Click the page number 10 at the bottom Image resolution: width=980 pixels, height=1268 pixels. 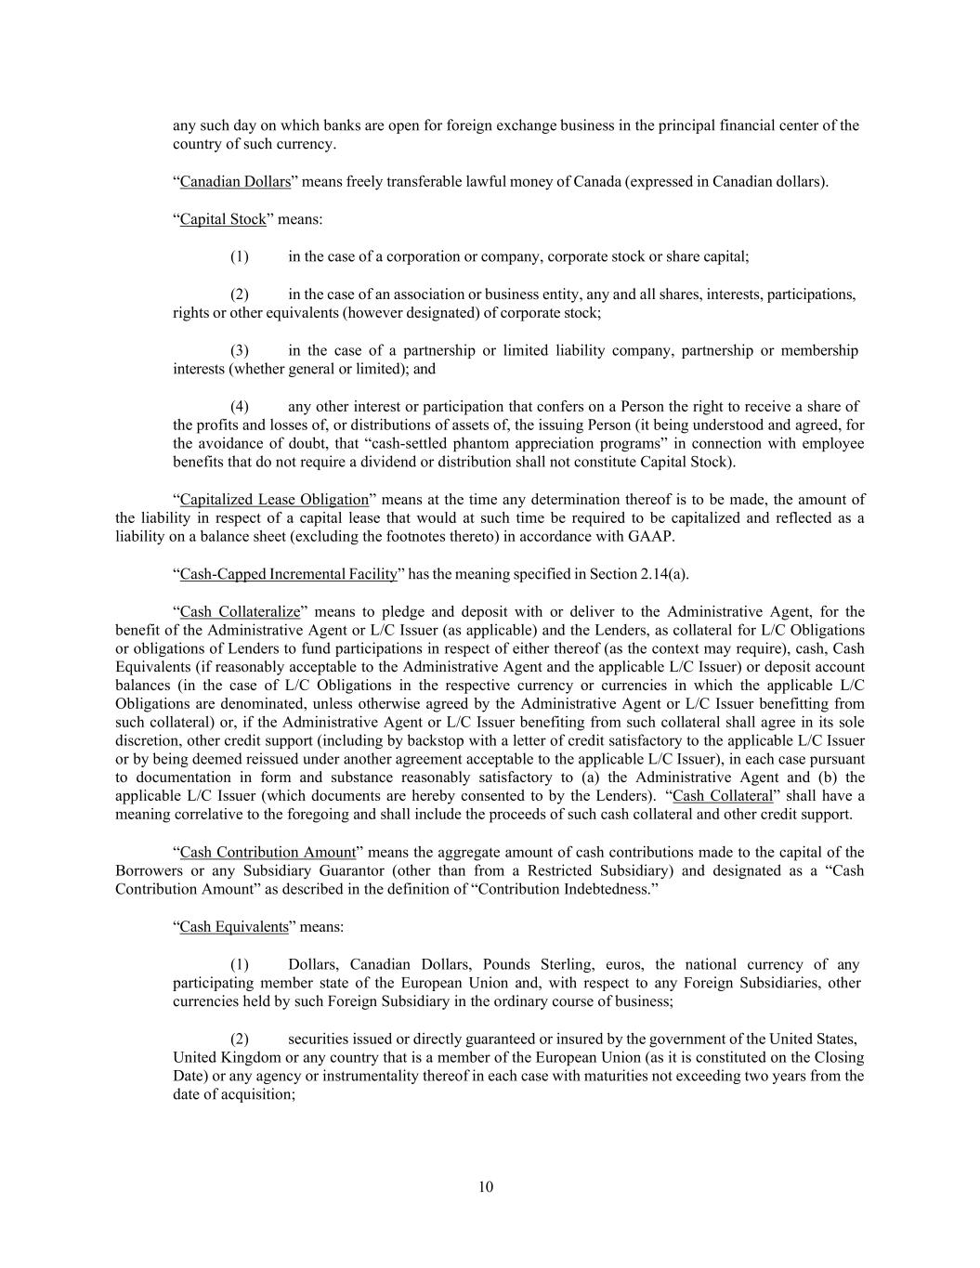(486, 1186)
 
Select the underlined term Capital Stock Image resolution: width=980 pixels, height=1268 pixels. (223, 219)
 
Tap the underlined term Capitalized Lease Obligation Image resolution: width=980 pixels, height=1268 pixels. (274, 499)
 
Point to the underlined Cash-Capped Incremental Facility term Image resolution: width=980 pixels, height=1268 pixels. (288, 573)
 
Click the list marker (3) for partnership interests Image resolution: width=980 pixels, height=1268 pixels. (240, 350)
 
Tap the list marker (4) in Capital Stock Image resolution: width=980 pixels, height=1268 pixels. (240, 406)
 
